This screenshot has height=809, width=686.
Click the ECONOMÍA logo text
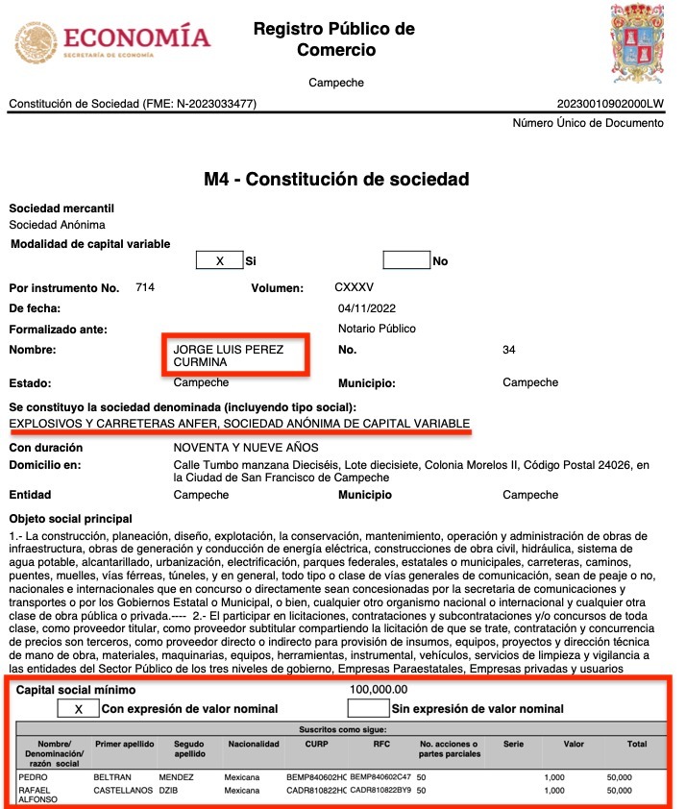[135, 38]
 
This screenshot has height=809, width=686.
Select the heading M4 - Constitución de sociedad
[336, 180]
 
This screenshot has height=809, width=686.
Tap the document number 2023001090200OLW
[609, 104]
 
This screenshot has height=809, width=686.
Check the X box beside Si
[219, 260]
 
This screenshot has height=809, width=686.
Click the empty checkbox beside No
[405, 260]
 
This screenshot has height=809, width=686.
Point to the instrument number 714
[145, 288]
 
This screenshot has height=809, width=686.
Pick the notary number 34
[509, 350]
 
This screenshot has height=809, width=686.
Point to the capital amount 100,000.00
[379, 690]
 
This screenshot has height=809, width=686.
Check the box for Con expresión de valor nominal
[77, 709]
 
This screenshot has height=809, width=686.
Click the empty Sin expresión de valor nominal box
[367, 709]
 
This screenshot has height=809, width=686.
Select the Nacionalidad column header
[253, 745]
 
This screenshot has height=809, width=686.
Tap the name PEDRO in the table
[34, 775]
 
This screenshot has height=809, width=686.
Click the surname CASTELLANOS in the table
[124, 791]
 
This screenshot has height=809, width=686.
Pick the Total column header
[637, 745]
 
